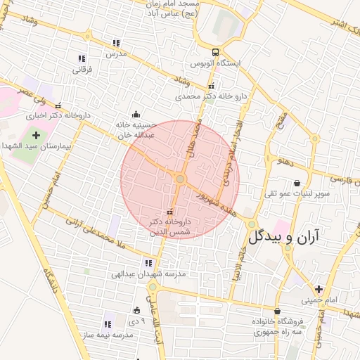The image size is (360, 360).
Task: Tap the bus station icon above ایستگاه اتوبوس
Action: (216, 51)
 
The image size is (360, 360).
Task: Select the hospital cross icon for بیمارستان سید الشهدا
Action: (37, 134)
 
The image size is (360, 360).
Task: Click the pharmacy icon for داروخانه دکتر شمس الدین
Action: (169, 212)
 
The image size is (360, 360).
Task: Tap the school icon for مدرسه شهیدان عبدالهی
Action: (148, 263)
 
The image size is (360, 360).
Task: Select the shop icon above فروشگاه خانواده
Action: (278, 311)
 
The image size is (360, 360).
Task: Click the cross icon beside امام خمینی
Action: (319, 288)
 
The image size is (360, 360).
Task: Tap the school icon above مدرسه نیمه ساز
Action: (108, 324)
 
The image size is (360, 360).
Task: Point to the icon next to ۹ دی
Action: (136, 310)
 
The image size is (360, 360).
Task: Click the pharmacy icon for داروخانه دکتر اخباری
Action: (58, 105)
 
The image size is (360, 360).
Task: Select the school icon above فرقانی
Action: (82, 58)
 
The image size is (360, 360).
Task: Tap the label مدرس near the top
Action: (115, 53)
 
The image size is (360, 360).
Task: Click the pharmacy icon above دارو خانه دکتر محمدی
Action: (211, 86)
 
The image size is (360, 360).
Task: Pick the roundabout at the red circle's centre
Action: (180, 180)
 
